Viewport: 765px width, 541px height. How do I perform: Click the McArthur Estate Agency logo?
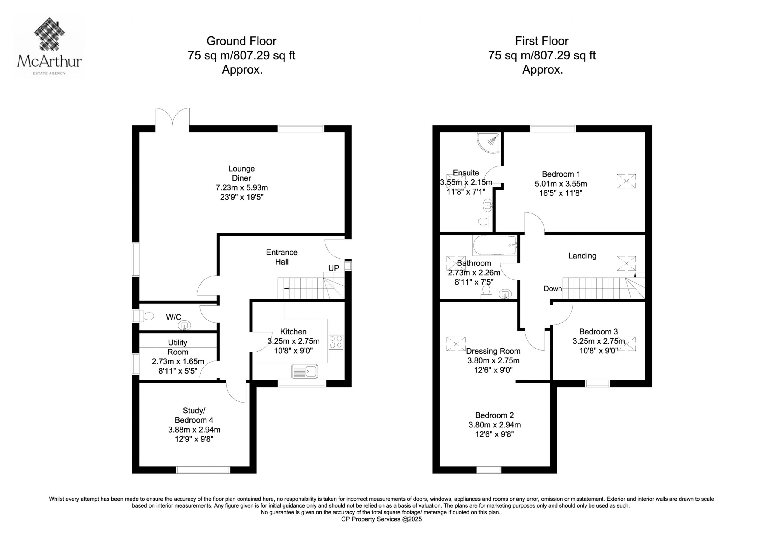[x=49, y=46]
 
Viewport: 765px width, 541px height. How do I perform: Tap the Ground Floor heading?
[x=241, y=41]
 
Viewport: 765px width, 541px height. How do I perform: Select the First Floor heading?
[x=542, y=41]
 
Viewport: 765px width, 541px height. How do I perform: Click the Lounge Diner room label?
[x=241, y=173]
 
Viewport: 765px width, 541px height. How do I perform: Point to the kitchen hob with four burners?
[x=336, y=342]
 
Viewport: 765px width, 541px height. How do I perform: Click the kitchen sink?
[x=305, y=371]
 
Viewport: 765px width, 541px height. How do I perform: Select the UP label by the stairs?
[x=333, y=268]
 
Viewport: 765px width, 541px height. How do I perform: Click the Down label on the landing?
[x=553, y=288]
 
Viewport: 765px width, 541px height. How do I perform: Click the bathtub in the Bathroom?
[x=495, y=246]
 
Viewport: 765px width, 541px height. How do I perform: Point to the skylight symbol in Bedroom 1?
[x=626, y=181]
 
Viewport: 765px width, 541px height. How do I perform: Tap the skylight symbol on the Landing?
[x=626, y=263]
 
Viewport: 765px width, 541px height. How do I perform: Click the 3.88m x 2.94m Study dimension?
[x=194, y=430]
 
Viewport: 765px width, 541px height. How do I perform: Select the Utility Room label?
[x=178, y=347]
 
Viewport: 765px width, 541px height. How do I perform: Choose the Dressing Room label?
[x=493, y=351]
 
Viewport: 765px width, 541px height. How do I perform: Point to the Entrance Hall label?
[x=281, y=257]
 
